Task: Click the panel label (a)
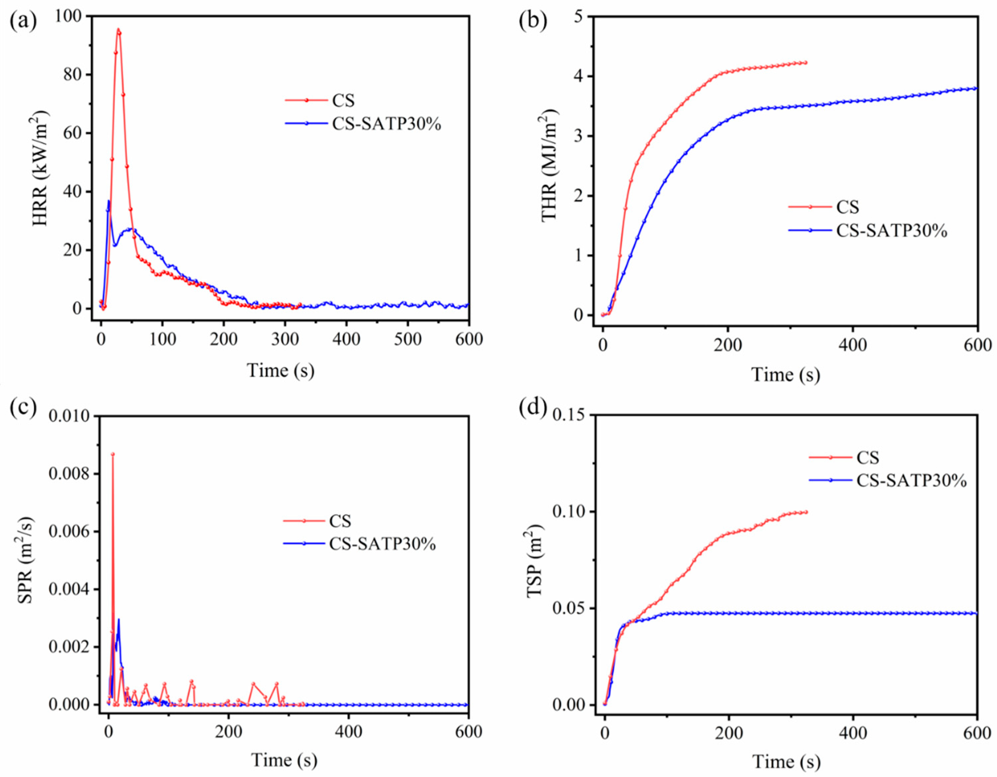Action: [24, 22]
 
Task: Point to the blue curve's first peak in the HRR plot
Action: [109, 201]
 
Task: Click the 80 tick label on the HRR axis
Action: [71, 74]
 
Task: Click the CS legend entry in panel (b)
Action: [847, 207]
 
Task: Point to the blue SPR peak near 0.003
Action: [119, 620]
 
